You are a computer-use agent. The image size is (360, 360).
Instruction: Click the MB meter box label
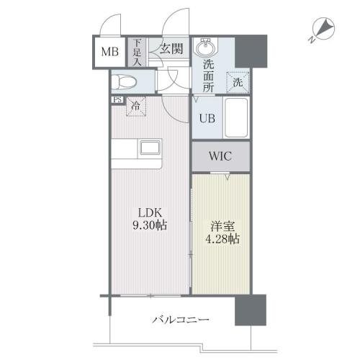click(x=110, y=52)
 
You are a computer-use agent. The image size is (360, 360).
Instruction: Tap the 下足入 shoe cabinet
click(x=137, y=53)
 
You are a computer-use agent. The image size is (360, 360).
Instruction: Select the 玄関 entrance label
click(x=171, y=49)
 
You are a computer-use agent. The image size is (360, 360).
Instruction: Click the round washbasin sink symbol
click(x=205, y=48)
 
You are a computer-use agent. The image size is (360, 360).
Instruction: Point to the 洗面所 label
click(x=208, y=76)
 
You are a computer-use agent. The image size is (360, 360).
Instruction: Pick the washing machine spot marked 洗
click(x=238, y=83)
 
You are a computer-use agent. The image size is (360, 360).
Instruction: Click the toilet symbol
click(x=125, y=81)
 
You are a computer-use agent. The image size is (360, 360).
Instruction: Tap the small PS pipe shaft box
click(x=117, y=99)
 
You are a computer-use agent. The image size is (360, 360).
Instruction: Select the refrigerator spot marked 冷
click(x=136, y=106)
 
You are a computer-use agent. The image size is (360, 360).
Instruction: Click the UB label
click(x=207, y=118)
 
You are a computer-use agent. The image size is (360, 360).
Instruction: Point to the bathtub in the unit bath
click(x=236, y=117)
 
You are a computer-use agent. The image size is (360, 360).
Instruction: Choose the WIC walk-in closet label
click(x=220, y=156)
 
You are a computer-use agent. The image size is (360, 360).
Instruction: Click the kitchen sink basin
click(x=150, y=148)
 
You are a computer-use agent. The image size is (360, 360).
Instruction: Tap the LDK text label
click(x=150, y=212)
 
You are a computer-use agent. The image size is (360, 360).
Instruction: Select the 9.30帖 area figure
click(x=150, y=225)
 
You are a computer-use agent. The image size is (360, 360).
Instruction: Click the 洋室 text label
click(x=222, y=226)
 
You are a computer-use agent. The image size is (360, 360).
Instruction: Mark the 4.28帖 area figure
click(x=222, y=239)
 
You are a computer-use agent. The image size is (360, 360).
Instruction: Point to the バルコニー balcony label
click(x=181, y=320)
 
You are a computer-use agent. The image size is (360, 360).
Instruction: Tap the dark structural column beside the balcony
click(x=251, y=310)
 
